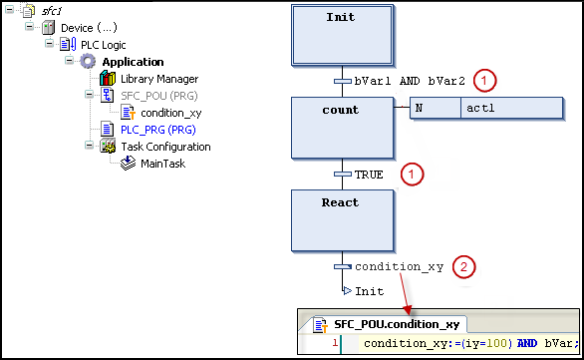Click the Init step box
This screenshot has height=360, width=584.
(342, 33)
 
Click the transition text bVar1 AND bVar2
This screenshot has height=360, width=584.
(411, 81)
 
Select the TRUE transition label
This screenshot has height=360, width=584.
(369, 174)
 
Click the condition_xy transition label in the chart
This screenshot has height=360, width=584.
(399, 266)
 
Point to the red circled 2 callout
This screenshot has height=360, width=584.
(462, 266)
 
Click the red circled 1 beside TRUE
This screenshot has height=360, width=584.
(410, 174)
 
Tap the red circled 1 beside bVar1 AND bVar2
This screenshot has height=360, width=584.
(484, 80)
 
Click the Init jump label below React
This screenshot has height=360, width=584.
(369, 291)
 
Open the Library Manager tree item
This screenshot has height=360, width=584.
(158, 79)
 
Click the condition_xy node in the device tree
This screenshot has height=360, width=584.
(173, 113)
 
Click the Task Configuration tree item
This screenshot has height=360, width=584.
(174, 147)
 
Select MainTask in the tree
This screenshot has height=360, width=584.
(162, 164)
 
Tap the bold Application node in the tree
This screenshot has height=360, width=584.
(133, 62)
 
